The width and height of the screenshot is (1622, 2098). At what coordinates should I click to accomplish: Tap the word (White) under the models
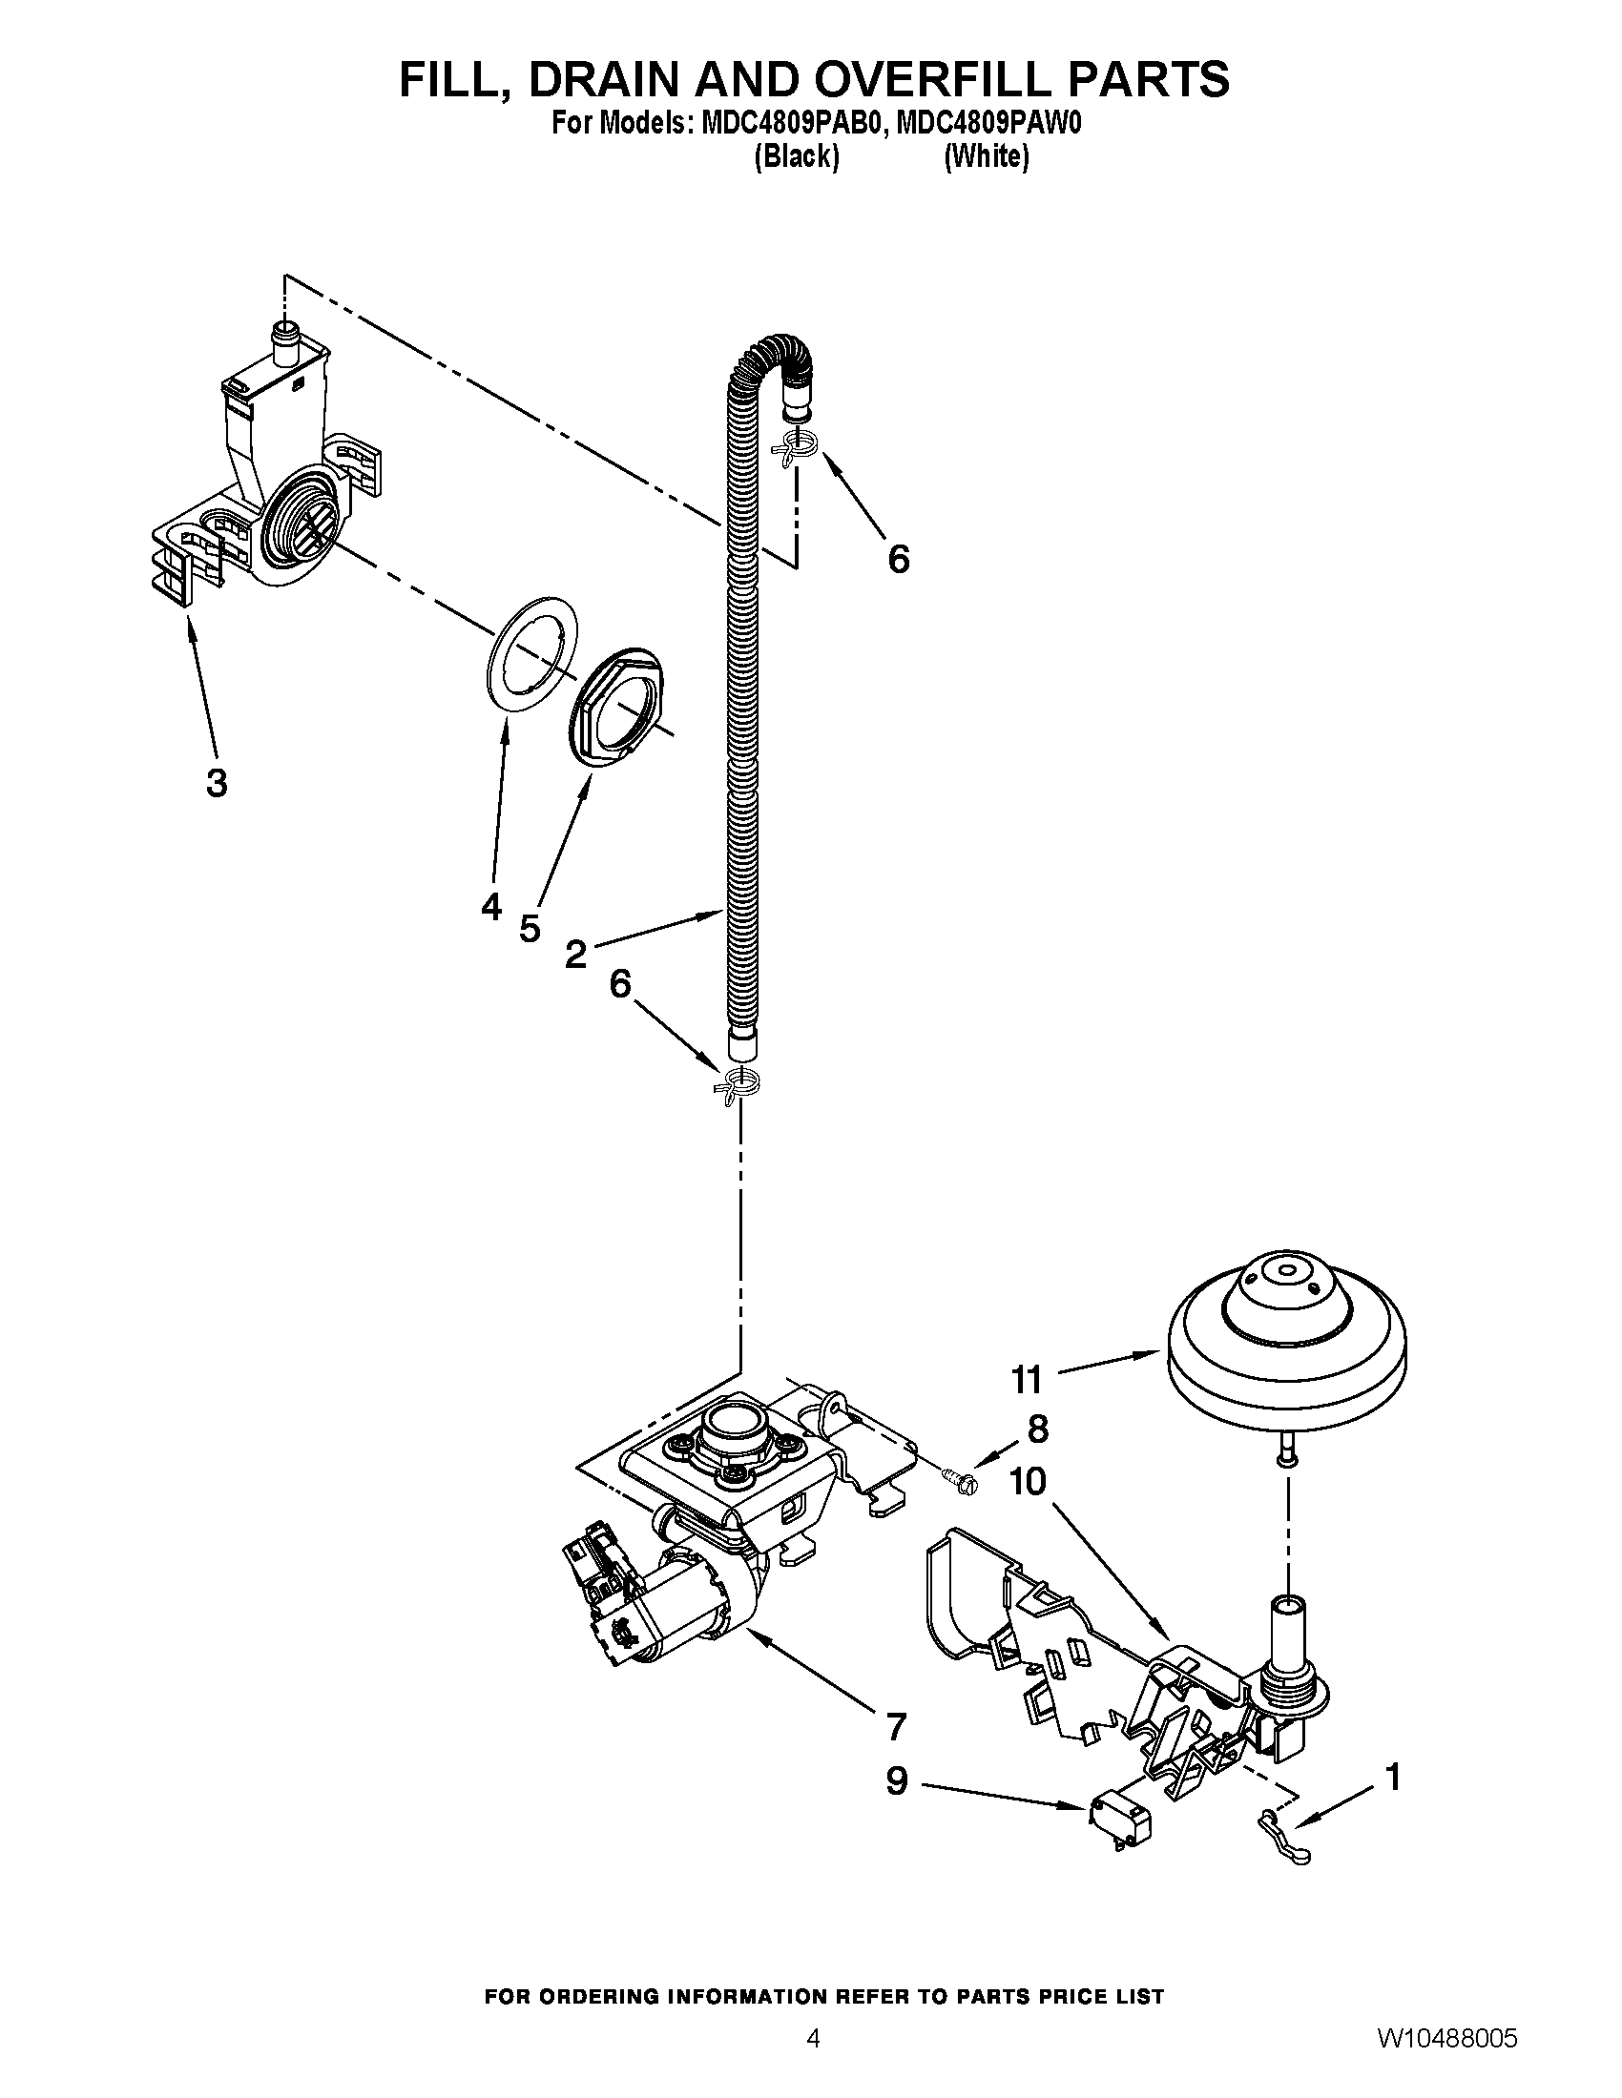click(x=986, y=156)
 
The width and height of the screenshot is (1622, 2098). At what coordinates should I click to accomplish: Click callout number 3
click(x=218, y=783)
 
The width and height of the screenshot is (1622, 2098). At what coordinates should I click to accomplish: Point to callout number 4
click(x=491, y=906)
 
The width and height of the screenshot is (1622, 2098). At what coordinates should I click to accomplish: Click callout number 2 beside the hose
click(x=575, y=954)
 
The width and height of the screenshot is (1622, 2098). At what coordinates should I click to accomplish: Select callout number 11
click(x=1027, y=1381)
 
